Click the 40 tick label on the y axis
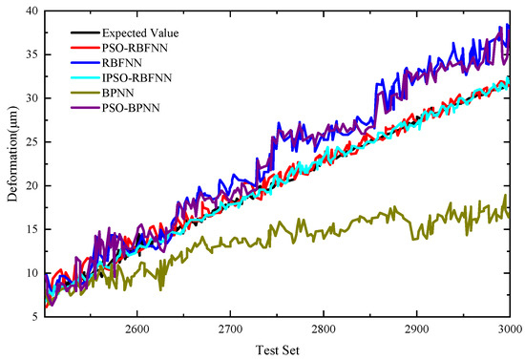(x=32, y=11)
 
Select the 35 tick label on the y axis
(x=32, y=54)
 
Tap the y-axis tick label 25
(x=32, y=141)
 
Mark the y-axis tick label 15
(x=32, y=229)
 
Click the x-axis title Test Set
(x=277, y=349)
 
